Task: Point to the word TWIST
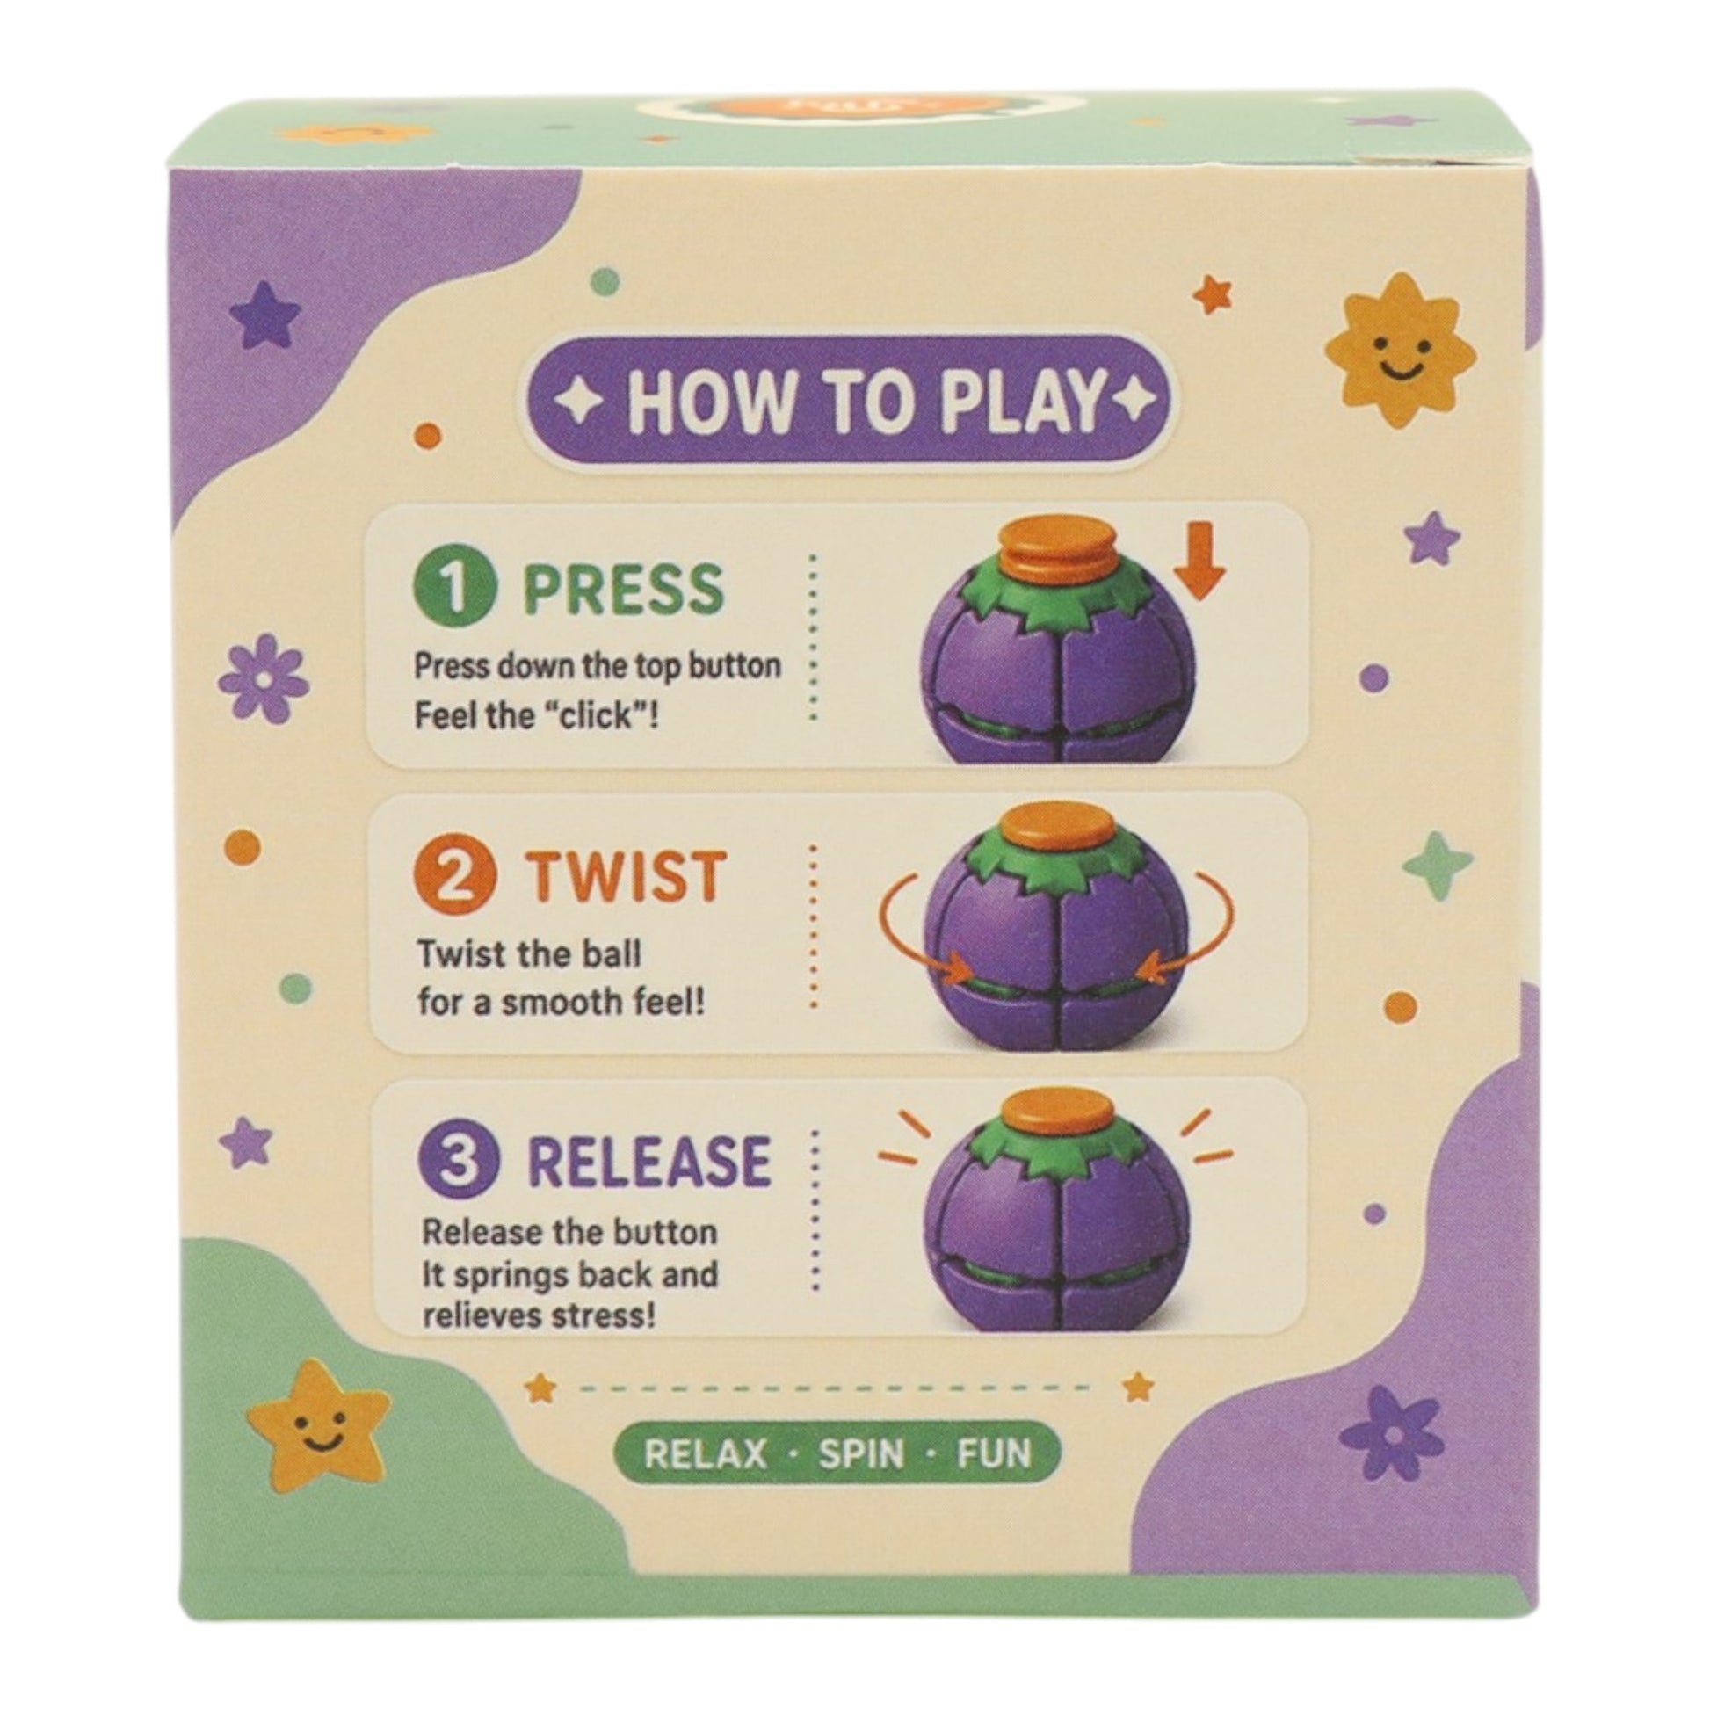(627, 876)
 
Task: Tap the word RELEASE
(649, 1162)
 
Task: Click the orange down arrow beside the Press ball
(1201, 562)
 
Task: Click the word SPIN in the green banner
(860, 1453)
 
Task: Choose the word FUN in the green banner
(994, 1453)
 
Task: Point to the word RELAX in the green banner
(706, 1453)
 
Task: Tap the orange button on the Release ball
(1060, 1114)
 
